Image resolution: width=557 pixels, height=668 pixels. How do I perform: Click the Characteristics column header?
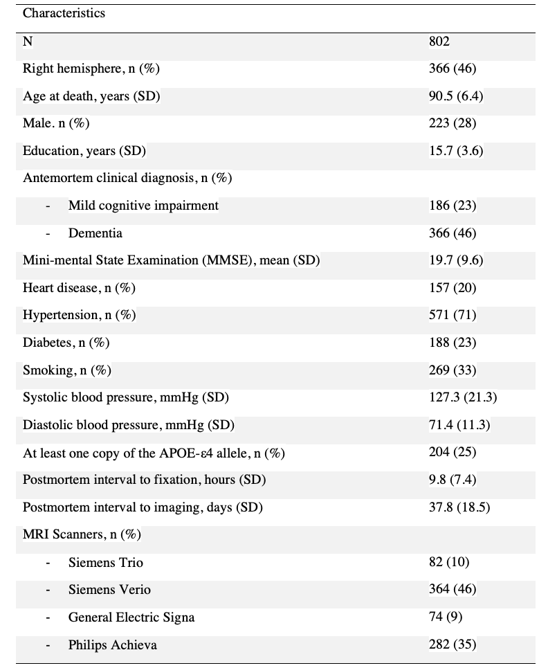64,14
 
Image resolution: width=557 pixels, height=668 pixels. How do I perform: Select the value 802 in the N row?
439,42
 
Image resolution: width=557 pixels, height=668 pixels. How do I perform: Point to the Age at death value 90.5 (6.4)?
456,96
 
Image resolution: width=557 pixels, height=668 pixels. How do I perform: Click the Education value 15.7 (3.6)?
456,151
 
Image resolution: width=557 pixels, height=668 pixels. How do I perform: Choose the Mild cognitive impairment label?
143,206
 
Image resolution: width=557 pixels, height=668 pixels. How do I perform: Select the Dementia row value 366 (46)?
453,233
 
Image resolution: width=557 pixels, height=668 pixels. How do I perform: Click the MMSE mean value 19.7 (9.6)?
456,260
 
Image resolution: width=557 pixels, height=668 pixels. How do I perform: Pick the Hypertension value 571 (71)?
453,316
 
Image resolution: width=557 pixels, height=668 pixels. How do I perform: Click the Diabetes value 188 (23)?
453,343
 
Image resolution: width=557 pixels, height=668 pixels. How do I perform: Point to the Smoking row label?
67,370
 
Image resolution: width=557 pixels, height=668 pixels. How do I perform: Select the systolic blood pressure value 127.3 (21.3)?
463,397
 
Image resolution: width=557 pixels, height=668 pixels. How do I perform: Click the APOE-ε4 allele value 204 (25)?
453,453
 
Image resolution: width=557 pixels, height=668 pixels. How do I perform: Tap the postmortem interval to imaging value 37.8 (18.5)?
459,507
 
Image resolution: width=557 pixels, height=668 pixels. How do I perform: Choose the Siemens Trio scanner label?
106,563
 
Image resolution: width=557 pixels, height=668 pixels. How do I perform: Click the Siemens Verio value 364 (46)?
453,590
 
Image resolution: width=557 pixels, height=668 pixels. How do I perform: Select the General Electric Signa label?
131,617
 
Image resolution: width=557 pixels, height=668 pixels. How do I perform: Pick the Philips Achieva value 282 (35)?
453,645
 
